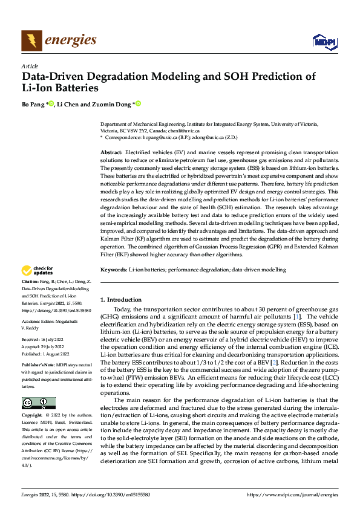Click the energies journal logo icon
pyautogui.click(x=31, y=41)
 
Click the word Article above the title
pyautogui.click(x=30, y=65)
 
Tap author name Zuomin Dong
pyautogui.click(x=113, y=104)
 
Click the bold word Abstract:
pyautogui.click(x=112, y=153)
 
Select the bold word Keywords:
pyautogui.click(x=114, y=269)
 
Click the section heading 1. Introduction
pyautogui.click(x=121, y=300)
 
